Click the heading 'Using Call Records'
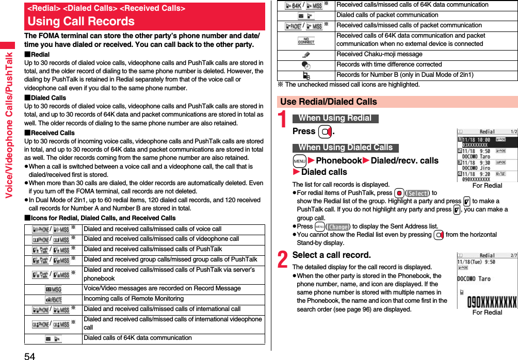pyautogui.click(x=81, y=21)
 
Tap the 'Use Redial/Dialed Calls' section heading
pyautogui.click(x=329, y=102)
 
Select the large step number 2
pyautogui.click(x=283, y=259)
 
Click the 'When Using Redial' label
pyautogui.click(x=335, y=118)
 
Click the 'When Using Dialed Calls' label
pyautogui.click(x=345, y=148)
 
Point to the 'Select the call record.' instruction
pyautogui.click(x=331, y=255)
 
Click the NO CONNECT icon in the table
pyautogui.click(x=306, y=40)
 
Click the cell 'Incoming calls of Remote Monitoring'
pyautogui.click(x=134, y=299)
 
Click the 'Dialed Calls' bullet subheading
pyautogui.click(x=48, y=97)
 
